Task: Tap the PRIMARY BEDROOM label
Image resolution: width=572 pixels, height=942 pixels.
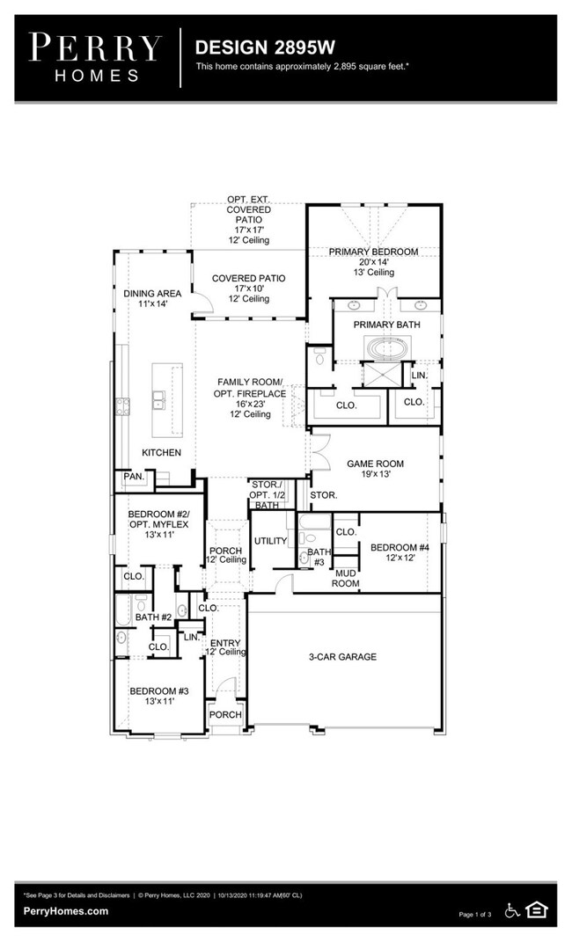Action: click(373, 252)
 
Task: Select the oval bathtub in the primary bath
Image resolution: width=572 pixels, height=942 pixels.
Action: click(387, 349)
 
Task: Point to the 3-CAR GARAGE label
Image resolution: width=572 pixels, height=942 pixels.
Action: click(342, 657)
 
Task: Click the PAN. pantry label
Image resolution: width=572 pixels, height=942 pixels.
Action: click(133, 476)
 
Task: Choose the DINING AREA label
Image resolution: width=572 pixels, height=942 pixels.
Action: click(152, 293)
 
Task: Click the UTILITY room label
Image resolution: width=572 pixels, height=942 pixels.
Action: click(270, 541)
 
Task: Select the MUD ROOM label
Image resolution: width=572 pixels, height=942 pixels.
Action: click(345, 578)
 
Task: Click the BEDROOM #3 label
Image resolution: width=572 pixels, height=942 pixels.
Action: click(158, 691)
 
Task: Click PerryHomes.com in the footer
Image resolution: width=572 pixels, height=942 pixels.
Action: click(66, 911)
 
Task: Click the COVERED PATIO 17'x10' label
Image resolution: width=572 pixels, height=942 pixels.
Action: click(248, 279)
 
